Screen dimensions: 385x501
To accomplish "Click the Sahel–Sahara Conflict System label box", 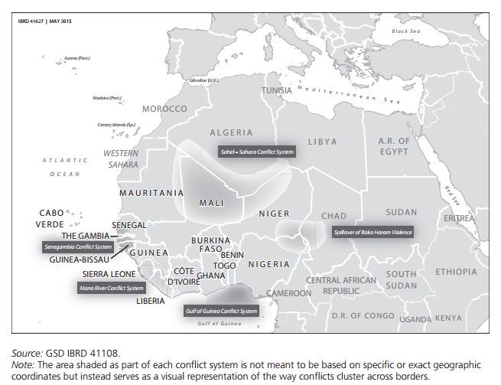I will tap(255, 152).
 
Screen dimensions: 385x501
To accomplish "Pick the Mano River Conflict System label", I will tap(111, 288).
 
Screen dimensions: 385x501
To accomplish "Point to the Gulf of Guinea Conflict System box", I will tap(221, 312).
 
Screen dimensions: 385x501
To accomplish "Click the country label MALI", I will tap(211, 203).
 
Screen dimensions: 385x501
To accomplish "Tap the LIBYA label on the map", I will tap(322, 142).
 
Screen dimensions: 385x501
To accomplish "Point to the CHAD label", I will tap(333, 216).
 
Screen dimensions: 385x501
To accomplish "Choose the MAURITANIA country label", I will tap(151, 193).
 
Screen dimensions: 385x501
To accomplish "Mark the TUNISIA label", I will tap(277, 90).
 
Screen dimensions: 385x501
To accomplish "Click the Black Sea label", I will tap(405, 31).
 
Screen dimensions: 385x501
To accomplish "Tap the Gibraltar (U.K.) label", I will tap(203, 80).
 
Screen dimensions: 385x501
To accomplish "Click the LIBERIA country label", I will tap(150, 301).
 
